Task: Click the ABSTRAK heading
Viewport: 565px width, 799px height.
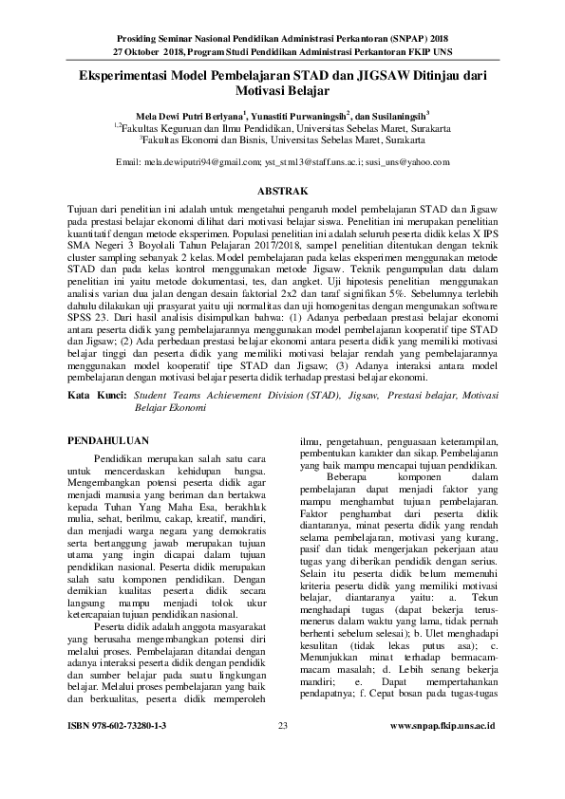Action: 282,189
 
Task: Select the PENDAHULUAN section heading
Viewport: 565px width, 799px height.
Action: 113,440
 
